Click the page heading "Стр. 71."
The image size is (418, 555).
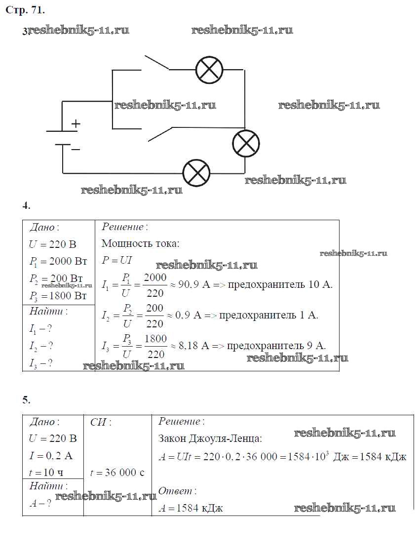[x=24, y=9]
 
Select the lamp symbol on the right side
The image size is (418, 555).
[x=246, y=144]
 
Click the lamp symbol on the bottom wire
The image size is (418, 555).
[x=196, y=173]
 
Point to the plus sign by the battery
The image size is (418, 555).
[x=76, y=124]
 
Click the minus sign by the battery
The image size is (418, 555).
[x=76, y=149]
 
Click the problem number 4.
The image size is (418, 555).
[x=27, y=206]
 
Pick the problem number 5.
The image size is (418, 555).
[x=27, y=399]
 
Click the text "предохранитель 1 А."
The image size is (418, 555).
[x=268, y=316]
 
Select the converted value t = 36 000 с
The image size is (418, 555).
[x=117, y=473]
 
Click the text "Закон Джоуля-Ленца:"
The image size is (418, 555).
[x=210, y=439]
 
